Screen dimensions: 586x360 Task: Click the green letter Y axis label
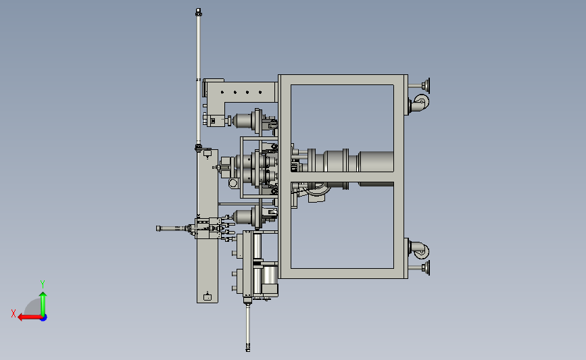(x=43, y=284)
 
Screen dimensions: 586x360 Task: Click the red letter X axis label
(x=14, y=313)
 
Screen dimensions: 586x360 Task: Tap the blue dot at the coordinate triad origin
(x=44, y=317)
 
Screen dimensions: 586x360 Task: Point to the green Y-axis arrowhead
(x=43, y=295)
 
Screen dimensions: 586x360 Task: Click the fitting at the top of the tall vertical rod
(x=199, y=12)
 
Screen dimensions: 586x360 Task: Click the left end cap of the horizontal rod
(x=158, y=228)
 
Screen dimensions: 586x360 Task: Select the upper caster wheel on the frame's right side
(x=422, y=101)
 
